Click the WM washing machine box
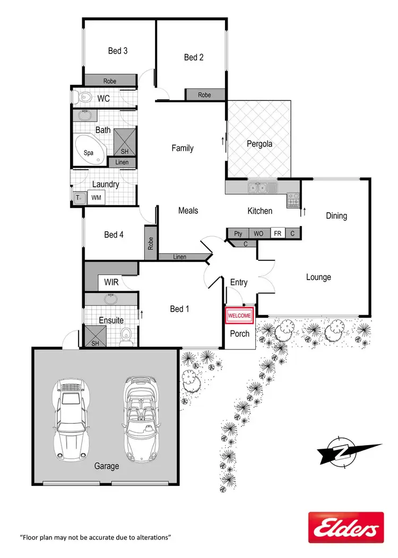point(96,198)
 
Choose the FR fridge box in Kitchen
point(277,233)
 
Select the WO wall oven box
point(258,233)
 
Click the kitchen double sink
point(260,187)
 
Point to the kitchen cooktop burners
point(293,199)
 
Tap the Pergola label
point(259,144)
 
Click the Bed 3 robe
point(110,81)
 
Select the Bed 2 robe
point(204,95)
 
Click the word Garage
point(106,466)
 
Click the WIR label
point(111,282)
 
